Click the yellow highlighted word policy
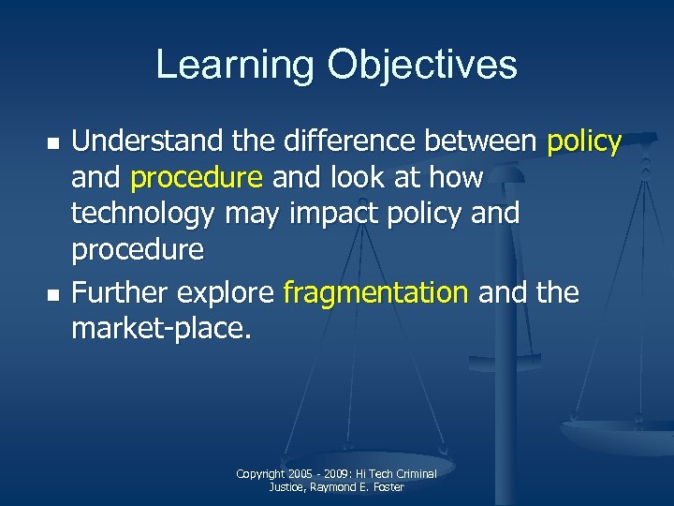pos(584,142)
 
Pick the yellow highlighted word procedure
pos(197,178)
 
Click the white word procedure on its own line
pos(137,250)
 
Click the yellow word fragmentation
pos(374,293)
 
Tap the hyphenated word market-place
pos(162,330)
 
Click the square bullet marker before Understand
pos(54,143)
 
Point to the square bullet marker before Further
pos(54,295)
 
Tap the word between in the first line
pos(483,141)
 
